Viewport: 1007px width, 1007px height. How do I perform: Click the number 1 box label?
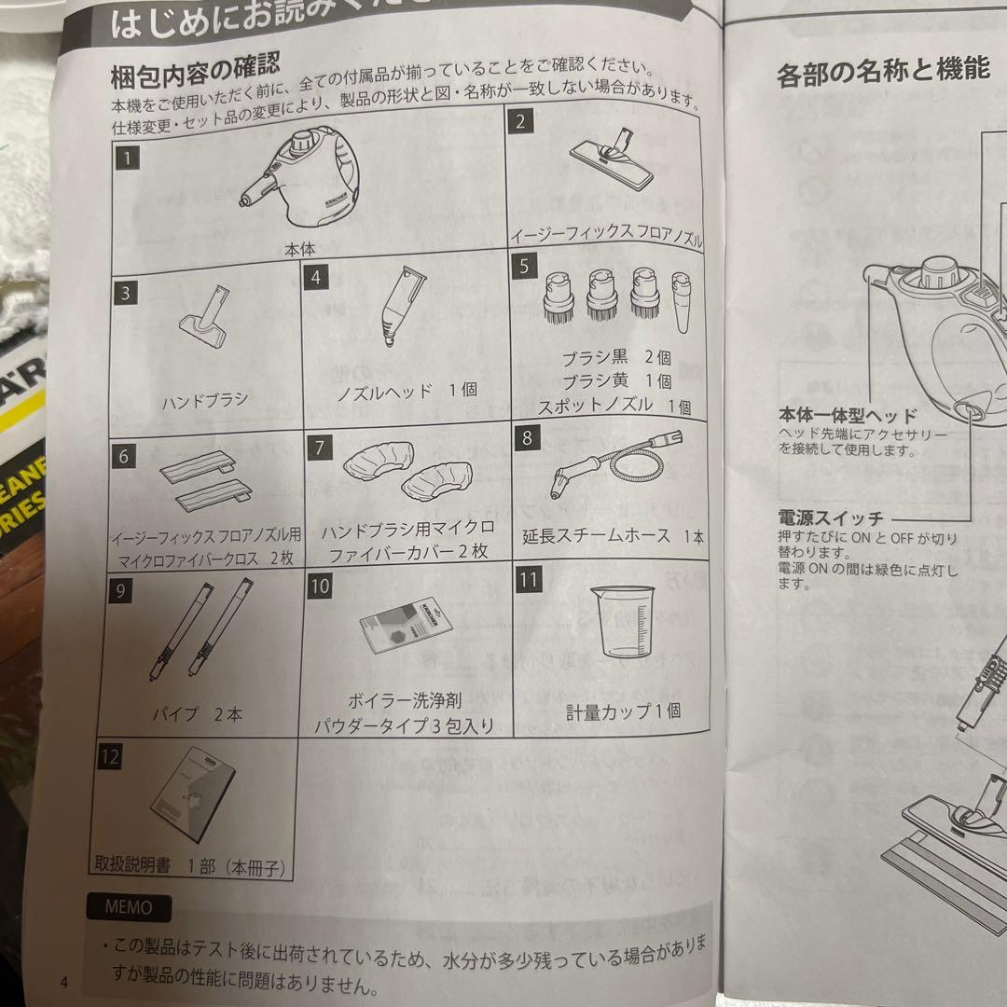pyautogui.click(x=128, y=157)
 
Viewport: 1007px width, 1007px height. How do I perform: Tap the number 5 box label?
pyautogui.click(x=524, y=266)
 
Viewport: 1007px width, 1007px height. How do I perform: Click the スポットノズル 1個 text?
pyautogui.click(x=614, y=406)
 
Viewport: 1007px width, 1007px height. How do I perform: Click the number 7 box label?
pyautogui.click(x=320, y=446)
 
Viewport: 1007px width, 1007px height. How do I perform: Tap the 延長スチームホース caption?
pyautogui.click(x=614, y=537)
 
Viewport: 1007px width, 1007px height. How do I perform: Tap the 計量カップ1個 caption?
pyautogui.click(x=623, y=710)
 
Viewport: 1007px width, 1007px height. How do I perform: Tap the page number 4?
pyautogui.click(x=63, y=981)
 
